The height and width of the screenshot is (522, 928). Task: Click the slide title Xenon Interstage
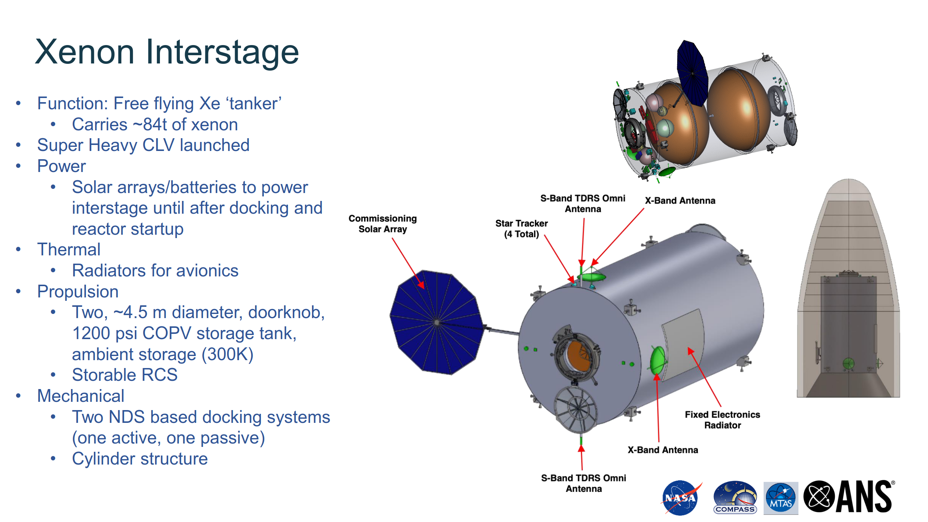[167, 52]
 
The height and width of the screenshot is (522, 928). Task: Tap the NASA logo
[680, 498]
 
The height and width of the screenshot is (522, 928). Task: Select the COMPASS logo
[735, 498]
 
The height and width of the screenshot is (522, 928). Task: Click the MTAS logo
[781, 498]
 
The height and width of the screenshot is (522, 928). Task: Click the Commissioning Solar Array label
[383, 224]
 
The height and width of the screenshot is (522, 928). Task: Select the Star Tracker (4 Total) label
[521, 229]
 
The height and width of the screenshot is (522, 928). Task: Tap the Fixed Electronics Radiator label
[722, 420]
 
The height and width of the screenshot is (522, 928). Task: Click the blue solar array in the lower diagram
[437, 322]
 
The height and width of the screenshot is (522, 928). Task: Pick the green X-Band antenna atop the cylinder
[592, 277]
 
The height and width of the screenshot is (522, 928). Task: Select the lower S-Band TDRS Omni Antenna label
[584, 483]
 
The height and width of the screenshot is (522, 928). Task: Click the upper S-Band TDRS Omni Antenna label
[583, 204]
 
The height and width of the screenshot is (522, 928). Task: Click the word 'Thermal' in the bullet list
[69, 250]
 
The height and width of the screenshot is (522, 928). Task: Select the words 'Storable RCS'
[125, 375]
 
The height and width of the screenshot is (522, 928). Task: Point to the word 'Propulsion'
[78, 292]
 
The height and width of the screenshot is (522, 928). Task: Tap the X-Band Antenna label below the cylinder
[663, 450]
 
